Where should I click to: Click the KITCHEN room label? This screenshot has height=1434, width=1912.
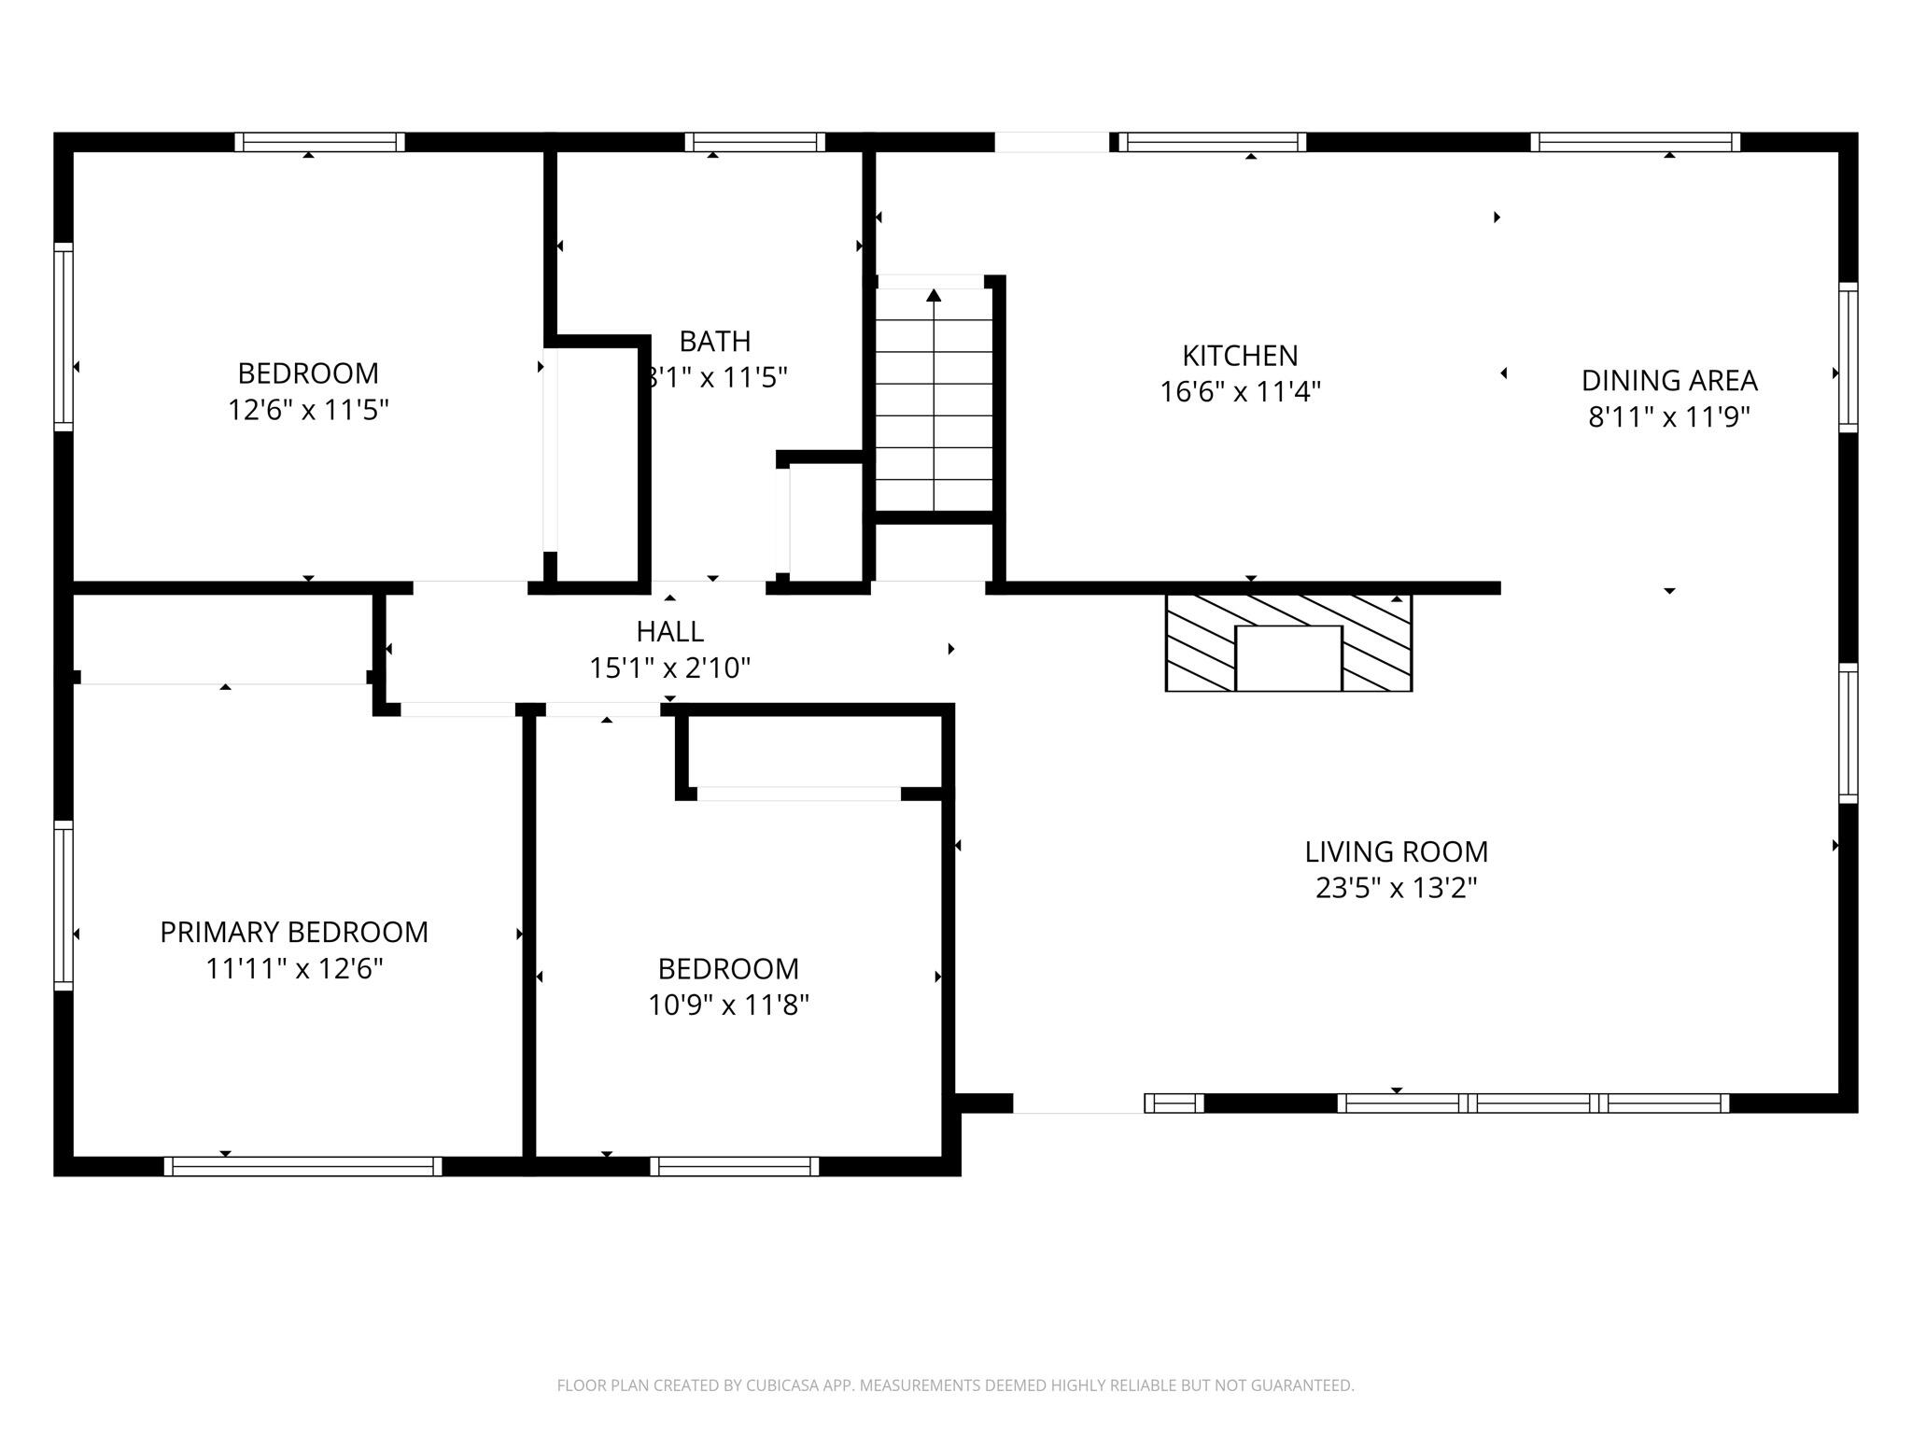tap(1240, 356)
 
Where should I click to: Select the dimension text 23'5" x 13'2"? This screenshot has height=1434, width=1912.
tap(1396, 888)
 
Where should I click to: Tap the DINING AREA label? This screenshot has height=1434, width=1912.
tap(1668, 381)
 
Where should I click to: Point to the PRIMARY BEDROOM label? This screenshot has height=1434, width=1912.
tap(294, 932)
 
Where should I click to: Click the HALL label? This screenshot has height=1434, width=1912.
tap(669, 632)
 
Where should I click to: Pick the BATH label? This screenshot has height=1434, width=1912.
tap(714, 341)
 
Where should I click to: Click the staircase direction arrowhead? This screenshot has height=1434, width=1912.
tap(934, 296)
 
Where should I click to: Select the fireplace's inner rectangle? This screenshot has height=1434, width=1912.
tap(1288, 658)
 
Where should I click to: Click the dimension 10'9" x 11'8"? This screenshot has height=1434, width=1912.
tap(728, 1005)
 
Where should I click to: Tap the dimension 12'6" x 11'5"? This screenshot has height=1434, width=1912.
tap(308, 410)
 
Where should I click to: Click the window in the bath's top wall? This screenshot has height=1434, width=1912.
tap(754, 142)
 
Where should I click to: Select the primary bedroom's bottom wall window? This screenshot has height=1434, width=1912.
tap(302, 1166)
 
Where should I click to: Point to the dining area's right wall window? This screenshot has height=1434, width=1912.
tap(1848, 357)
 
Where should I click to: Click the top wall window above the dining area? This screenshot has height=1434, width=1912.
tap(1635, 142)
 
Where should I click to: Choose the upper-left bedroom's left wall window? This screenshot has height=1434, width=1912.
tap(63, 336)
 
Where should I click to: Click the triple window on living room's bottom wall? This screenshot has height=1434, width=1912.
tap(1532, 1103)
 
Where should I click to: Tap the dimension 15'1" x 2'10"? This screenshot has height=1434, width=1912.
tap(669, 668)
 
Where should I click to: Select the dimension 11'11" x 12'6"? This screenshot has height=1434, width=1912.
tap(294, 969)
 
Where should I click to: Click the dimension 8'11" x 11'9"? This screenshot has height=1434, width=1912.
tap(1668, 417)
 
